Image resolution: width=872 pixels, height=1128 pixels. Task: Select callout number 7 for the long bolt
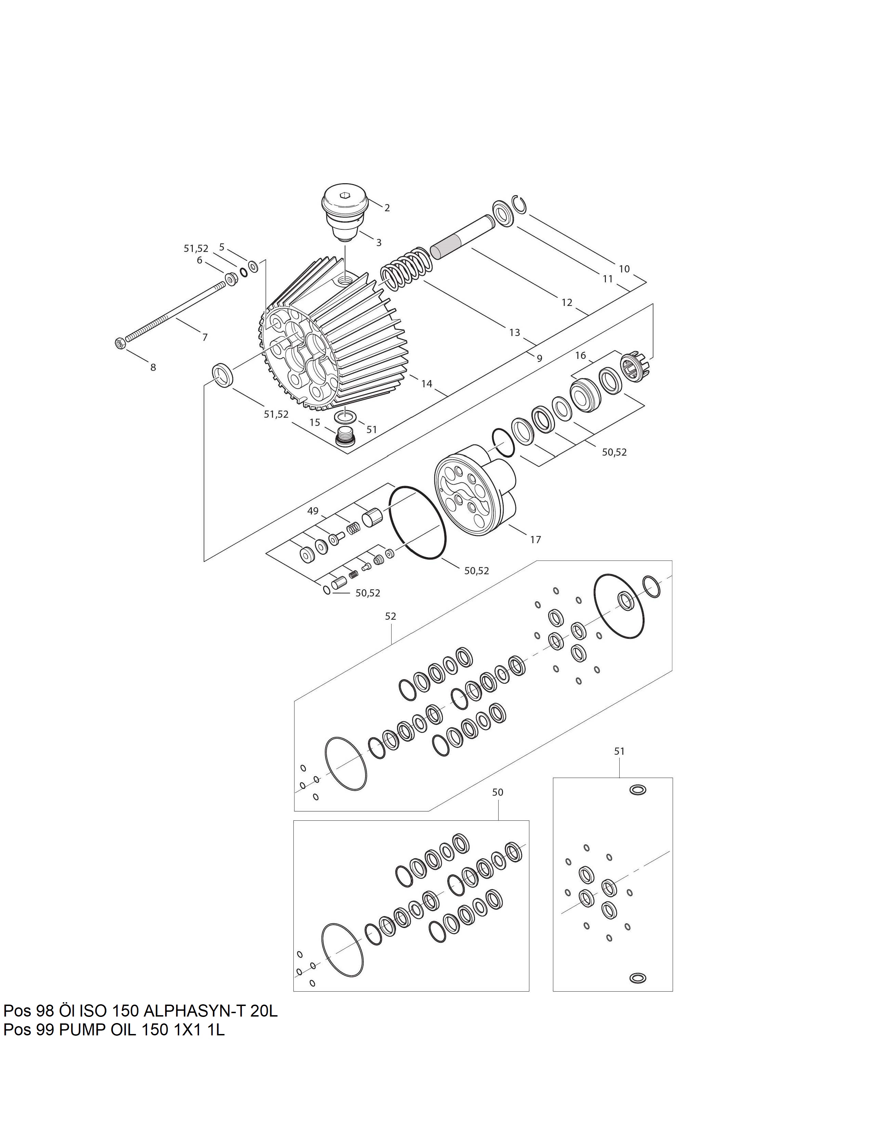point(205,337)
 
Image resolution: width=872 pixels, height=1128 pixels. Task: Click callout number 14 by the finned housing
point(427,384)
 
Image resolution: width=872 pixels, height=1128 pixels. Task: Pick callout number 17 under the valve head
point(536,540)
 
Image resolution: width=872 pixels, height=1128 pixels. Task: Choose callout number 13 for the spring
point(515,333)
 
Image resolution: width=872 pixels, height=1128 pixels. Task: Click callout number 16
point(581,355)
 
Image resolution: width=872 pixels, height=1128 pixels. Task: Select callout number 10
point(624,269)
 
